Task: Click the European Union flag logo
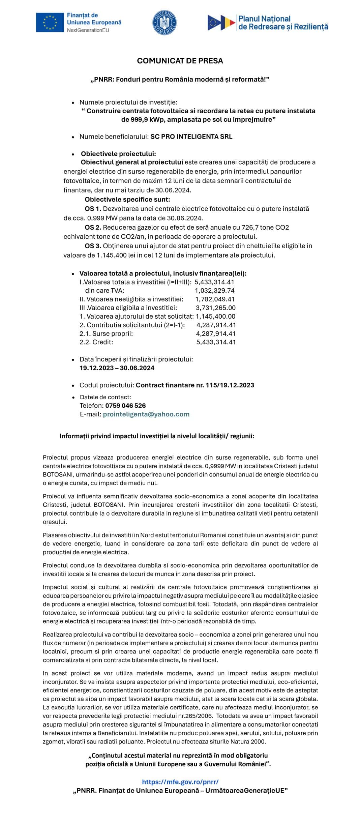(50, 22)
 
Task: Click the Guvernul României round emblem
(164, 22)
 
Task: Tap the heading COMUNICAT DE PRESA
(180, 61)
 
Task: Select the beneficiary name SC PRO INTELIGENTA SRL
(191, 137)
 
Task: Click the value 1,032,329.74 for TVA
(215, 290)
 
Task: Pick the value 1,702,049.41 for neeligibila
(215, 299)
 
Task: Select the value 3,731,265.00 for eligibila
(215, 307)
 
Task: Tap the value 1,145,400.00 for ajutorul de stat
(215, 316)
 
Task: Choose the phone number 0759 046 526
(125, 405)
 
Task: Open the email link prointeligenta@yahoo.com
(146, 414)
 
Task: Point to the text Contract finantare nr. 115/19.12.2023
(195, 385)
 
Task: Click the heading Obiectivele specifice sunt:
(127, 199)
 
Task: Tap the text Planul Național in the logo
(264, 19)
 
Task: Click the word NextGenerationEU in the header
(88, 30)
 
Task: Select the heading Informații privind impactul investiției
(157, 436)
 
